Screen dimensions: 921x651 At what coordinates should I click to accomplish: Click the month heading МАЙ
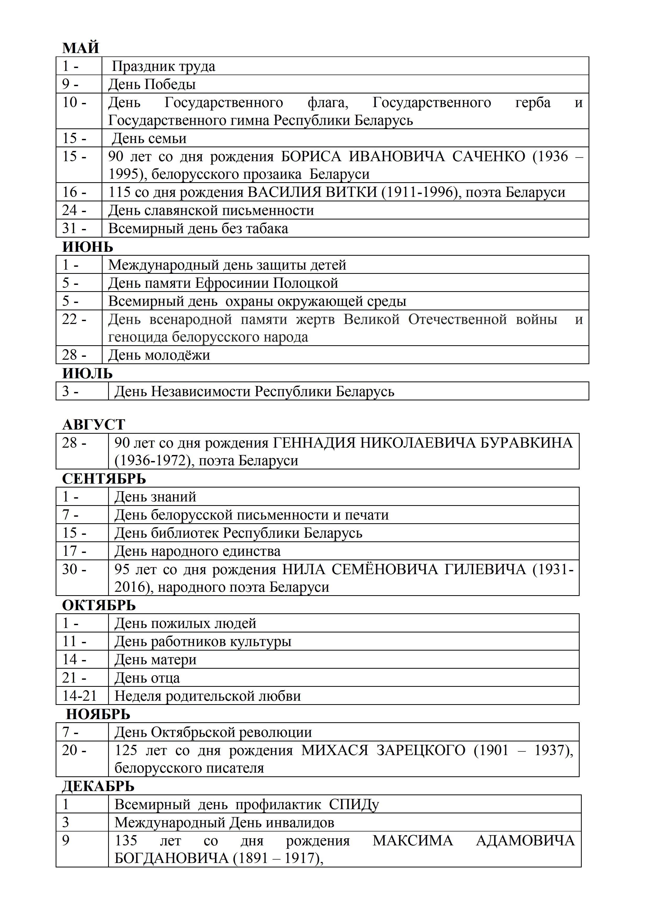(x=81, y=48)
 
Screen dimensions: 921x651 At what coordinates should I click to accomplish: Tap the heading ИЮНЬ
(x=88, y=247)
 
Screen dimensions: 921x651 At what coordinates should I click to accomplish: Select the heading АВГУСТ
(x=94, y=424)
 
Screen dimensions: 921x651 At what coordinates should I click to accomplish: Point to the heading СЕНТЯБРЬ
(x=104, y=479)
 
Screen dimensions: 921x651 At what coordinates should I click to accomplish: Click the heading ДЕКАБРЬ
(x=98, y=786)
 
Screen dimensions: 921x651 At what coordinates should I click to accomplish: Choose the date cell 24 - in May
(x=75, y=210)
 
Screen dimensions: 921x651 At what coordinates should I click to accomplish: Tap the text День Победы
(x=152, y=84)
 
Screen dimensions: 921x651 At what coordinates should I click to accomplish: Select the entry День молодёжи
(x=159, y=355)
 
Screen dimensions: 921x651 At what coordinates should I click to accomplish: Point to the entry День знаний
(x=156, y=497)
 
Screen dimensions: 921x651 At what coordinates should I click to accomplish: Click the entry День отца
(x=147, y=678)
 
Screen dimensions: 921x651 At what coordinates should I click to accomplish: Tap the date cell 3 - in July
(x=71, y=391)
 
